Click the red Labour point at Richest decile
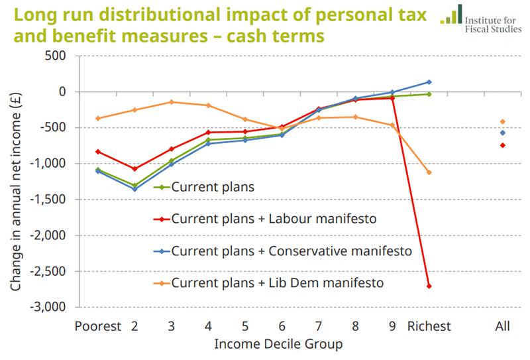click(x=429, y=286)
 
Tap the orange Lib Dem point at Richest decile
click(x=429, y=172)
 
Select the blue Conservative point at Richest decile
click(x=429, y=82)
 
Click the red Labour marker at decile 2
click(x=135, y=169)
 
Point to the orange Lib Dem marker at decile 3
click(x=172, y=102)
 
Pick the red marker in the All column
click(x=503, y=145)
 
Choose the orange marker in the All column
click(x=503, y=121)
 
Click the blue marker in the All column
click(x=503, y=133)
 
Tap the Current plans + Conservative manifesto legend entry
click(x=291, y=251)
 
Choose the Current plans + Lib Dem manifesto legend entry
click(x=277, y=283)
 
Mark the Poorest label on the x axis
click(x=98, y=326)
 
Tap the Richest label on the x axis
click(x=429, y=326)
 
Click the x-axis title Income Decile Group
click(x=278, y=344)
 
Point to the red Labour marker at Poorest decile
click(x=98, y=152)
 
